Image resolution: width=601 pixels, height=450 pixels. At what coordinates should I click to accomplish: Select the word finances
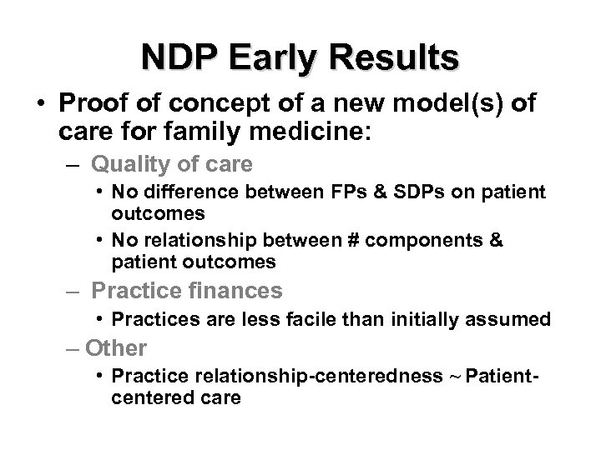tap(235, 291)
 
